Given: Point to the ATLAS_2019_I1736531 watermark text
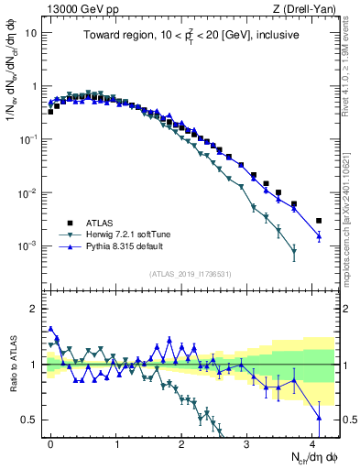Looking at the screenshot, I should pos(191,275).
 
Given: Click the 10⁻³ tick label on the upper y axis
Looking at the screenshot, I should pos(28,246).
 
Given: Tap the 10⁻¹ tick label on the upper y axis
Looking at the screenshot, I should pos(28,139).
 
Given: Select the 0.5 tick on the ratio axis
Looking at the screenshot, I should pos(29,420).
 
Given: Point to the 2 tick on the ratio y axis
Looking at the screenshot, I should pos(33,308).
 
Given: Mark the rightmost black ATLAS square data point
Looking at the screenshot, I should pos(319,221).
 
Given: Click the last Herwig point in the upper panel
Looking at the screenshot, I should pos(294,253).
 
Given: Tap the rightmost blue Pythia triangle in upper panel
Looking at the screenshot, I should pos(319,236).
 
